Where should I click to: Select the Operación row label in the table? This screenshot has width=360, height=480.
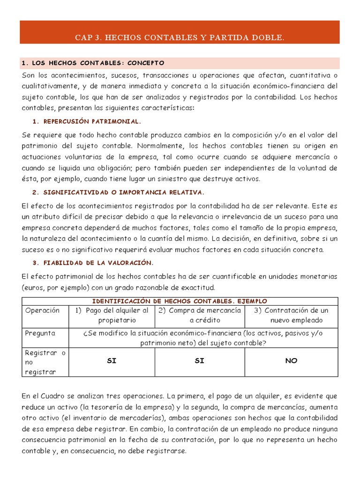43,310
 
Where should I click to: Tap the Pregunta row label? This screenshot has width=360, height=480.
40,333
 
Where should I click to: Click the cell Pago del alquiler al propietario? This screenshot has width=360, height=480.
112,315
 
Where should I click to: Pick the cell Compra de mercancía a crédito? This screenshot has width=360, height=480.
199,315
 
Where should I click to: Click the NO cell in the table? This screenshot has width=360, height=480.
291,361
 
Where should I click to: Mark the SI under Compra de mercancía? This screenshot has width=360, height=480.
199,361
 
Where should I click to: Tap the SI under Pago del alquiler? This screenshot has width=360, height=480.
112,361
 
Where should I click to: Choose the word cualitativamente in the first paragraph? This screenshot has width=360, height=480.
50,86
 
